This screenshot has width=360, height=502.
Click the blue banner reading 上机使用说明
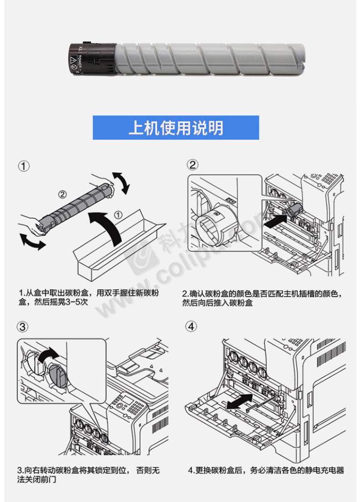tap(176, 128)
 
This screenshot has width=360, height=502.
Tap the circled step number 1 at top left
tap(24, 166)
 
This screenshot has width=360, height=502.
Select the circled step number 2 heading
tap(193, 165)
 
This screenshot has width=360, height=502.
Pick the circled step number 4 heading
tap(192, 327)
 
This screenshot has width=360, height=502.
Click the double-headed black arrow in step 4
tap(240, 401)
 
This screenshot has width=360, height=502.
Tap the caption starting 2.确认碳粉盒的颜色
tap(261, 298)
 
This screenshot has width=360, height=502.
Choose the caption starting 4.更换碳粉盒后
tap(266, 470)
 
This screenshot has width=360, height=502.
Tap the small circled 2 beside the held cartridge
tap(62, 194)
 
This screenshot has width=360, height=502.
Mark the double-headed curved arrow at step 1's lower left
tap(32, 240)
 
